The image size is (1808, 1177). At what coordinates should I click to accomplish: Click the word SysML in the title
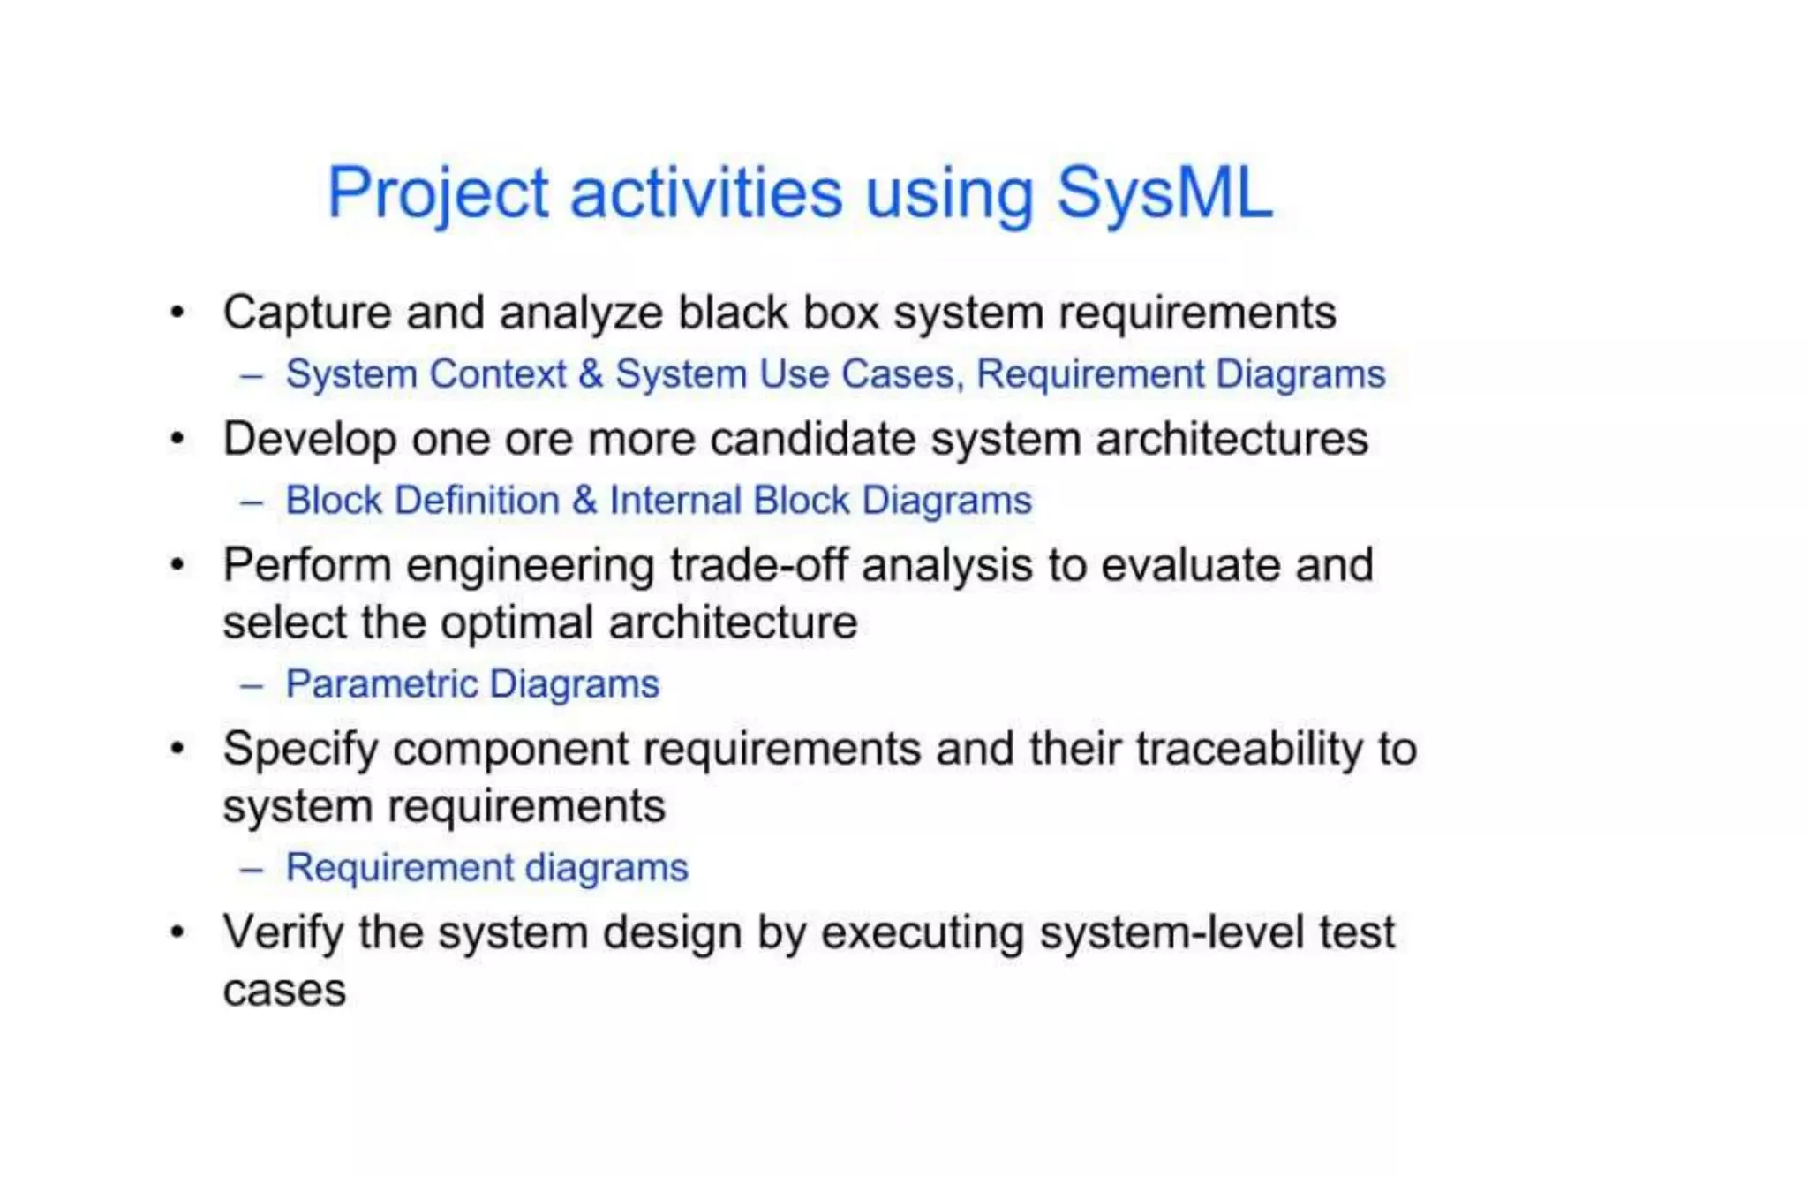1164,192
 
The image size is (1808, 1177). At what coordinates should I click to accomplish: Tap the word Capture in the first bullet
307,313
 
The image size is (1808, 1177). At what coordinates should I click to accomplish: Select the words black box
778,313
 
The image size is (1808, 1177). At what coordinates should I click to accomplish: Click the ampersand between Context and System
591,374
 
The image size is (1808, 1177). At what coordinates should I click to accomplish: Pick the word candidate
813,439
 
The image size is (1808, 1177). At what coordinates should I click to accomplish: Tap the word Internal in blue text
675,501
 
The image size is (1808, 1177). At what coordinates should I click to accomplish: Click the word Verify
282,932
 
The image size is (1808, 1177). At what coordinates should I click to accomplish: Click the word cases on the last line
284,991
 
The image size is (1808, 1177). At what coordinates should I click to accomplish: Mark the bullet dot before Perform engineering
178,564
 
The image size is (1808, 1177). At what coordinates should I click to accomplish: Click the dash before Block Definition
252,502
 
